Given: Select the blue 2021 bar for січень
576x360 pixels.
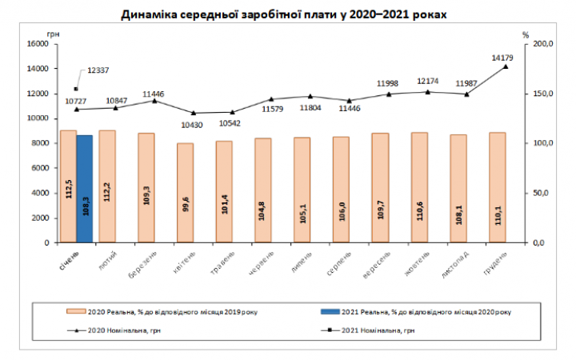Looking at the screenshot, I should pyautogui.click(x=84, y=188).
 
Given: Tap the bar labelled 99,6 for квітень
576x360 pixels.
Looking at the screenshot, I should pyautogui.click(x=185, y=192).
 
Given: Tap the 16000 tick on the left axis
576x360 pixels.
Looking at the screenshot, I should pyautogui.click(x=38, y=44).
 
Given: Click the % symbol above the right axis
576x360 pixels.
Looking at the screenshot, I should pyautogui.click(x=526, y=34).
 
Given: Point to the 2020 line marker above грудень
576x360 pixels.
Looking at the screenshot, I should pyautogui.click(x=506, y=66).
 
